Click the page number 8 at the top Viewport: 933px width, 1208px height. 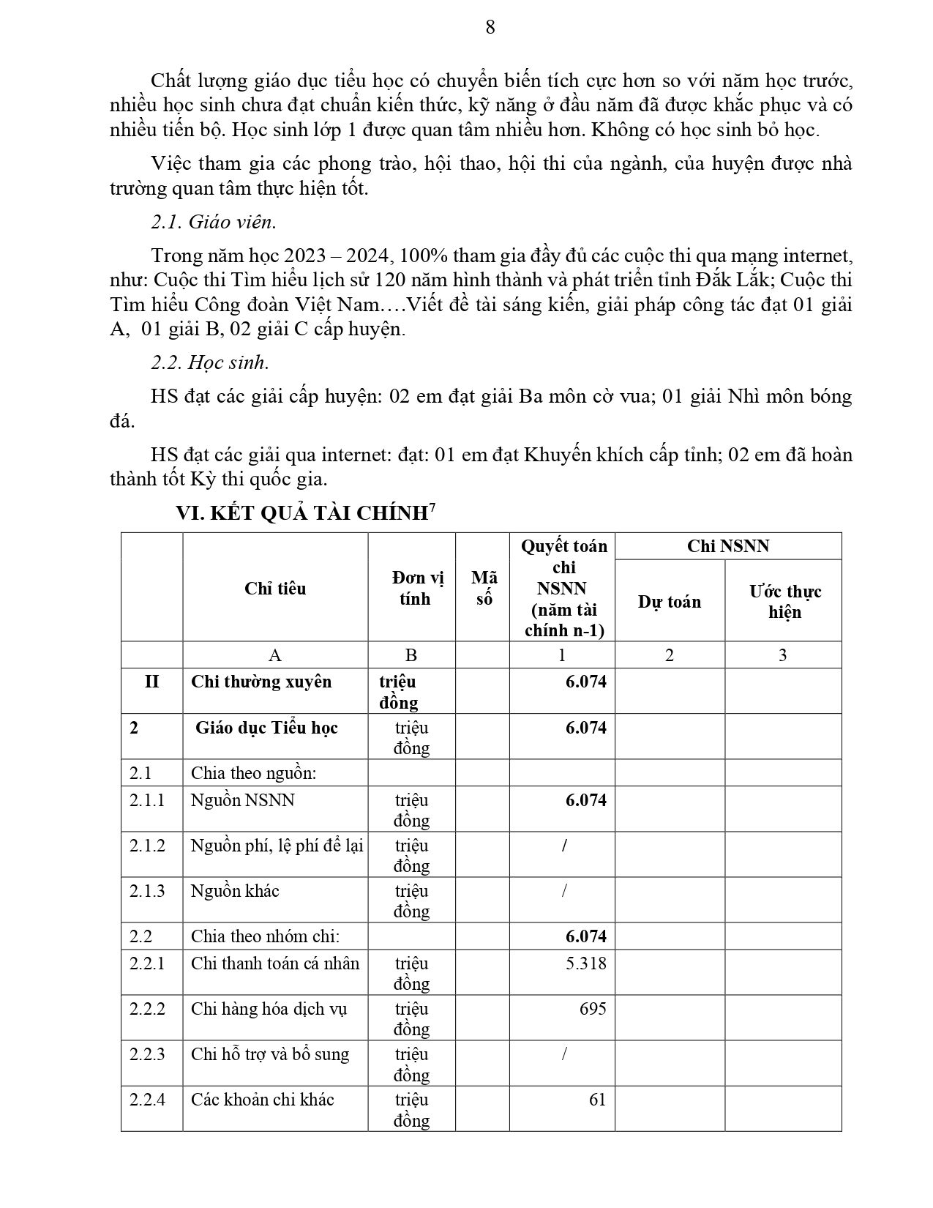(x=490, y=27)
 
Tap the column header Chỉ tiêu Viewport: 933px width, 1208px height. (x=275, y=589)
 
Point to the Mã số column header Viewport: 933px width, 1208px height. (x=484, y=588)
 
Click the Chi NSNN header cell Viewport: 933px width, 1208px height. (x=727, y=546)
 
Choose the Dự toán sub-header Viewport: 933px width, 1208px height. (x=669, y=602)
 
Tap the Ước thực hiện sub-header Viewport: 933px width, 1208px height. (x=784, y=601)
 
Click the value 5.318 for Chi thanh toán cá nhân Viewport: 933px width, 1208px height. (x=585, y=963)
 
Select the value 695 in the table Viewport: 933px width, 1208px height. (x=593, y=1008)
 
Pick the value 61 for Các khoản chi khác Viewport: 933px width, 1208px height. (x=597, y=1099)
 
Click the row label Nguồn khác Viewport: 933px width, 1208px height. (x=235, y=891)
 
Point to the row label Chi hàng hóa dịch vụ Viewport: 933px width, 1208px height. (x=269, y=1009)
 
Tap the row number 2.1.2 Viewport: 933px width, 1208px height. (x=147, y=846)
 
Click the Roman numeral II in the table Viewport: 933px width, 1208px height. (x=151, y=682)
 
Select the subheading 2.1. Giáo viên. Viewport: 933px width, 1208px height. (x=214, y=222)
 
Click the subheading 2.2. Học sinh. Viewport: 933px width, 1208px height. (x=210, y=362)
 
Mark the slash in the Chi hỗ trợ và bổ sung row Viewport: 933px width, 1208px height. (x=564, y=1054)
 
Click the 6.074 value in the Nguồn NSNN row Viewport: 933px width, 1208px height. (x=585, y=800)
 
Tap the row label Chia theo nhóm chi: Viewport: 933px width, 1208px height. (x=265, y=936)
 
